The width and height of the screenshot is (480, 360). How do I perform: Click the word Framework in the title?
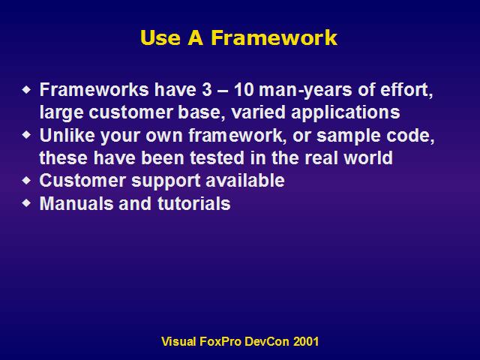click(274, 37)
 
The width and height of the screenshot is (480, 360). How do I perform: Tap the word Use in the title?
click(160, 37)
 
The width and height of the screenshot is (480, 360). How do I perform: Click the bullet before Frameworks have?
click(27, 89)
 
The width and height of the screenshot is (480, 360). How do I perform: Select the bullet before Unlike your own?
click(27, 135)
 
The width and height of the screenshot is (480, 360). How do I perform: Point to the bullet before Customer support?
click(27, 180)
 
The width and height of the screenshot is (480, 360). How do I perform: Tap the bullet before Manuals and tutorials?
click(27, 203)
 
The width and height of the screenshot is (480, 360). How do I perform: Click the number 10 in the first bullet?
click(244, 90)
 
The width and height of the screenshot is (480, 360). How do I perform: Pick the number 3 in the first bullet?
click(207, 90)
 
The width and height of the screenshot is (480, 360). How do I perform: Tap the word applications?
click(345, 113)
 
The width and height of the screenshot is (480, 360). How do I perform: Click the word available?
click(245, 180)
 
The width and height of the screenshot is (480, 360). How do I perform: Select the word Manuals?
click(76, 203)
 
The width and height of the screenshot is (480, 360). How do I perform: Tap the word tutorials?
click(194, 203)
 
